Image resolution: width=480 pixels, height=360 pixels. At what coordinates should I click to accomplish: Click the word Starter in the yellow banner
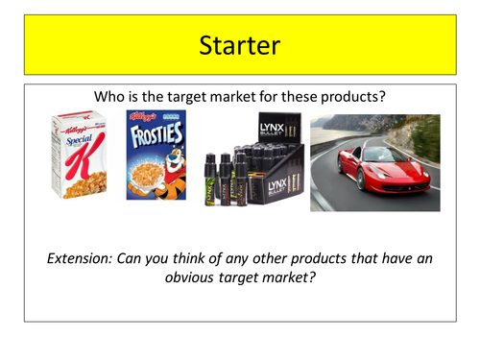pyautogui.click(x=239, y=44)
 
